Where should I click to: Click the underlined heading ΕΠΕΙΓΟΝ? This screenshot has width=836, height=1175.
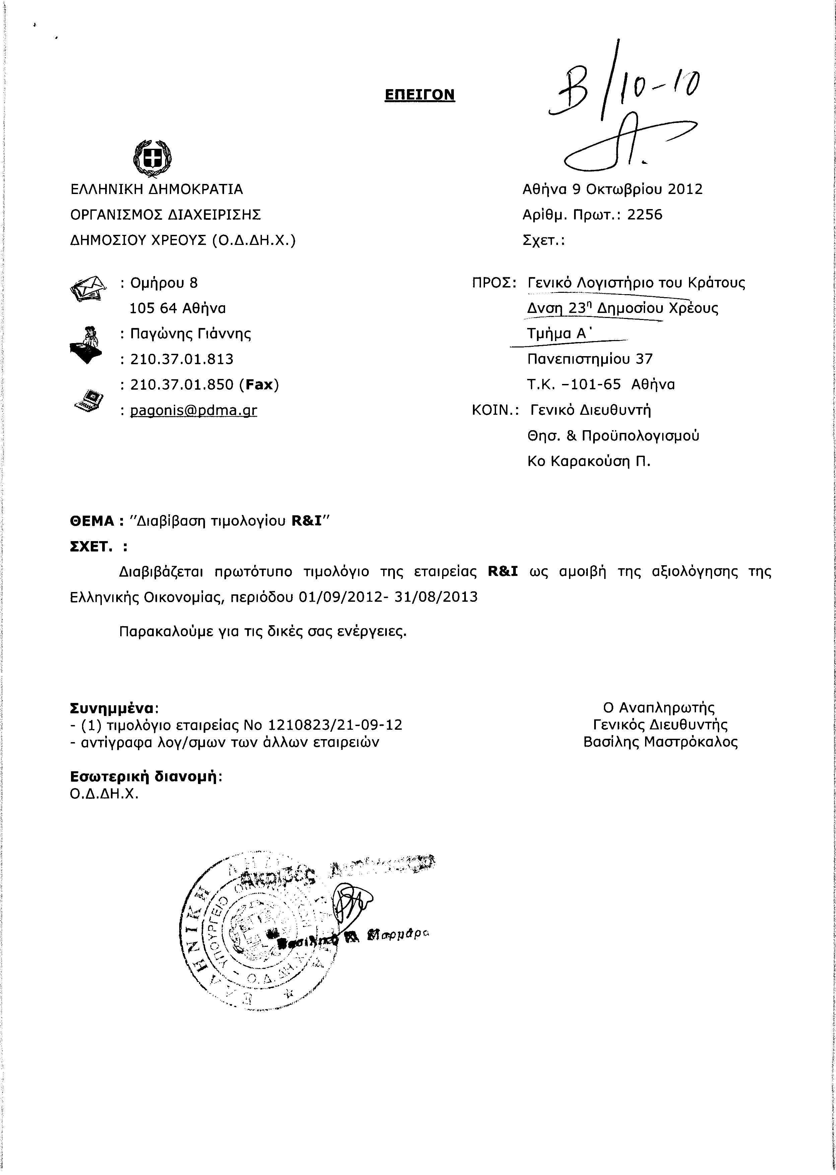420,95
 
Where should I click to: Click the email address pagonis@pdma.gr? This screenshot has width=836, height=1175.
194,410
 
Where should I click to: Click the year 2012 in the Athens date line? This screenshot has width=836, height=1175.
685,190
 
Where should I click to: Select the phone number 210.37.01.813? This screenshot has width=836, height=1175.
182,360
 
